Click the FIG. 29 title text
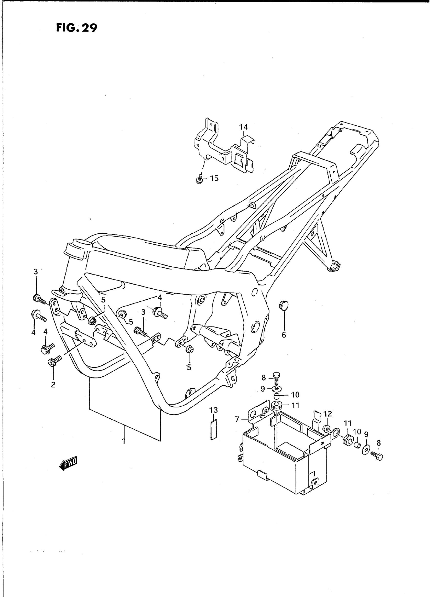click(77, 28)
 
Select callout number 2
click(53, 385)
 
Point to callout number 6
click(284, 335)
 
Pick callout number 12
click(328, 414)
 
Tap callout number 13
click(214, 410)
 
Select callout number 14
click(244, 127)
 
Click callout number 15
click(214, 178)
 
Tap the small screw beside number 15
click(200, 179)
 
